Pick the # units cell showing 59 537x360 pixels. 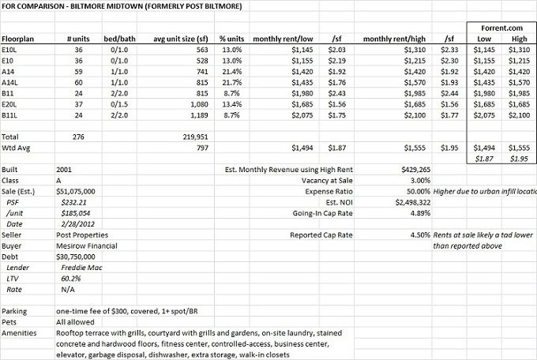(77, 70)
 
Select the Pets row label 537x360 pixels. (9, 323)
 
